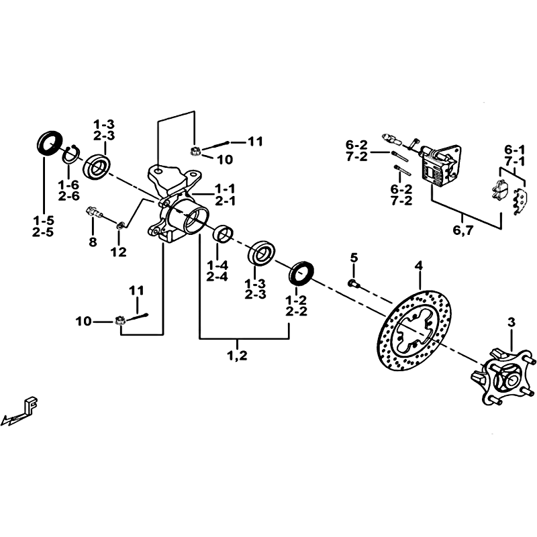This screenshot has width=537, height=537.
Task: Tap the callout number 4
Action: (419, 265)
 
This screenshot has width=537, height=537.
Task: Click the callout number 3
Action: (511, 322)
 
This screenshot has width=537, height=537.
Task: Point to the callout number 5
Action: (354, 257)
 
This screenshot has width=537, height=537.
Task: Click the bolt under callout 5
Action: (353, 283)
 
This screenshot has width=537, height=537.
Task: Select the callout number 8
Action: (93, 242)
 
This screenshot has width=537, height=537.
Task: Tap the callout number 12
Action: (119, 252)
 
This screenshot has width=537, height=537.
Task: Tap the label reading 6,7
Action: (462, 230)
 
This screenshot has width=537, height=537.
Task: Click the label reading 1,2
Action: (238, 356)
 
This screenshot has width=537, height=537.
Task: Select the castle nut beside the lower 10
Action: (119, 321)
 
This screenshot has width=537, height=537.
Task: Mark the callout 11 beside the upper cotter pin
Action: (255, 141)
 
